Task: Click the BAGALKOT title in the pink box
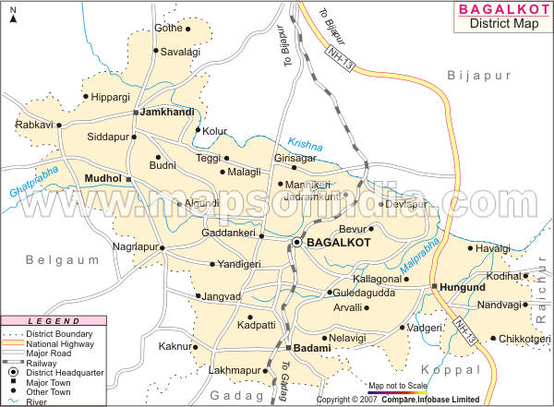point(504,11)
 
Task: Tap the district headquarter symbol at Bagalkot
point(297,242)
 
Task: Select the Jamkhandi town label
point(167,112)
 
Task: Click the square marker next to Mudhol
point(130,179)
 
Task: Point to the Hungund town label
point(464,287)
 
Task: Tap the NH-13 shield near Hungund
point(464,329)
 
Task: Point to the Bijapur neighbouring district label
point(476,73)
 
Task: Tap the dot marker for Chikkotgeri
point(493,339)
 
